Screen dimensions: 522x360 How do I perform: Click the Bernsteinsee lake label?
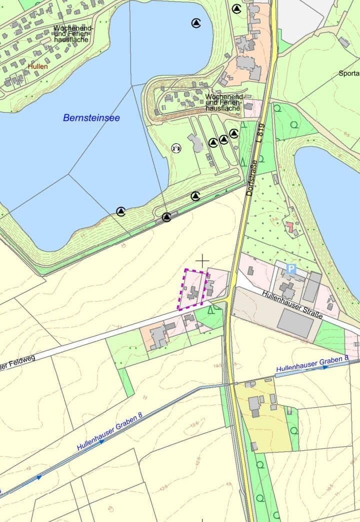91,118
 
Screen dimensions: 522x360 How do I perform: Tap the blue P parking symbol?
291,269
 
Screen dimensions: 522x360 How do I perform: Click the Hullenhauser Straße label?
292,306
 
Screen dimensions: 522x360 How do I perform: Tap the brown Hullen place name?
38,66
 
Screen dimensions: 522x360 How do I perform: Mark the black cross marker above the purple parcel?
202,261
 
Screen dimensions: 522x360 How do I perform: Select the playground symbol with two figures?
176,148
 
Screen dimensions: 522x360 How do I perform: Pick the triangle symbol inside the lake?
196,22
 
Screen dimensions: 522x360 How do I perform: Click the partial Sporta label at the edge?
349,73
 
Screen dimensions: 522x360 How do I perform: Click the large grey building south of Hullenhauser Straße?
295,323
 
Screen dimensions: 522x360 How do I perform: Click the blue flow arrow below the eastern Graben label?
325,367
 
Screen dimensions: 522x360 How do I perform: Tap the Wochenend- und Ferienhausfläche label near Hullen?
71,33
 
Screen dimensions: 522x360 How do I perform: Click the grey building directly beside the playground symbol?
196,143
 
